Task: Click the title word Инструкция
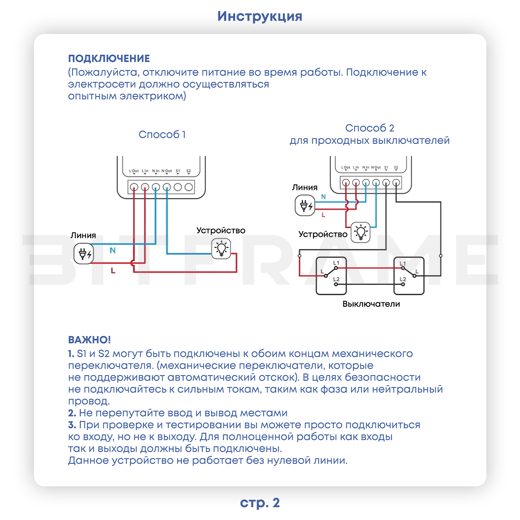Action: pos(260,16)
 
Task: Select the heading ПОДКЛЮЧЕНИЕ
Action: pos(109,59)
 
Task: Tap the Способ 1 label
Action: pos(162,135)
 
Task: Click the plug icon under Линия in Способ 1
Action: pos(84,254)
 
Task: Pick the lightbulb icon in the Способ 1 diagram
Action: pos(221,249)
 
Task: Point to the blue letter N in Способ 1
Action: pos(113,250)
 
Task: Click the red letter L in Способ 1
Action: pos(113,270)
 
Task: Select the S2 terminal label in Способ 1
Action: pos(189,171)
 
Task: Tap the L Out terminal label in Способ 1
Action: pos(134,171)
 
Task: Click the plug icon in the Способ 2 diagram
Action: pos(305,206)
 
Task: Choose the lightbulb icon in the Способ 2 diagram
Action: pos(361,232)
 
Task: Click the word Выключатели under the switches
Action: pos(371,304)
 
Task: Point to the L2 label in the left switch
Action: pos(336,279)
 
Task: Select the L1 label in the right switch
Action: pos(403,263)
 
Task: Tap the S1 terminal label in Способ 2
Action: pos(386,167)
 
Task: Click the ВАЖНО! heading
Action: pos(89,340)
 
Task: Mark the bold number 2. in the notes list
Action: pos(72,413)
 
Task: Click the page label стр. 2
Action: pos(260,503)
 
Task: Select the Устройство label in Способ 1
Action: pos(221,231)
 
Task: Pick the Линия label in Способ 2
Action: pos(305,188)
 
